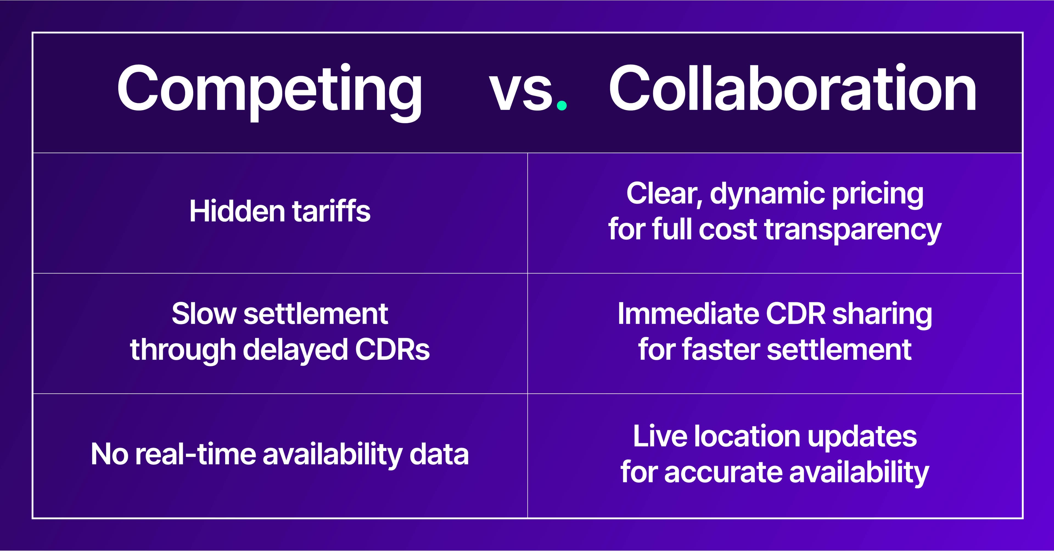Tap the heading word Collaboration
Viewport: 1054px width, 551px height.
point(792,88)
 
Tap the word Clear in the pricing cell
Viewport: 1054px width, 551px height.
point(665,194)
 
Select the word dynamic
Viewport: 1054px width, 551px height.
point(768,195)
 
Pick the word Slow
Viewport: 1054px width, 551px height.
point(204,314)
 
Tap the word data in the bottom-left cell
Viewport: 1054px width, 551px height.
point(439,454)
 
